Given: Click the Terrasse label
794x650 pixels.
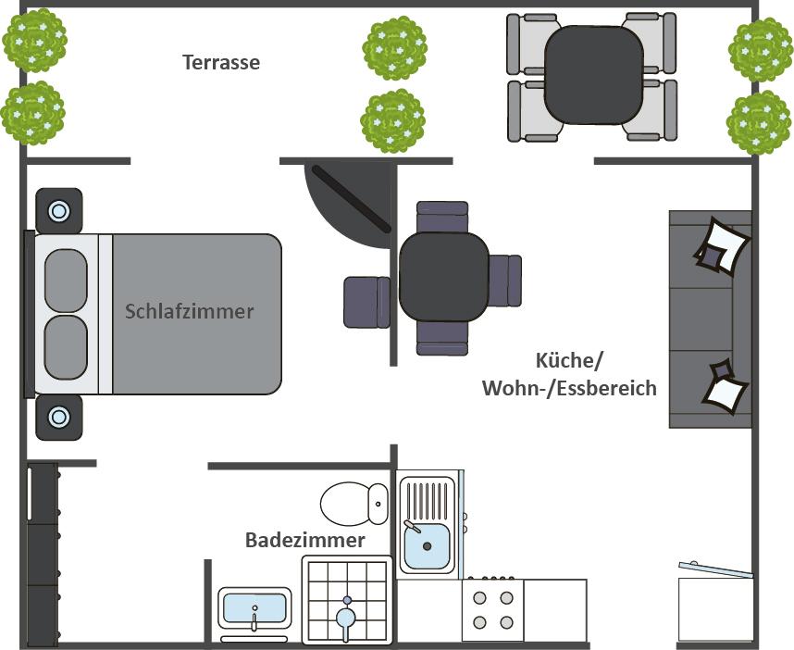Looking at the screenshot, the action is click(x=221, y=62).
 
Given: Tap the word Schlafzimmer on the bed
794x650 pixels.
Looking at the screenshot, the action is click(x=190, y=311).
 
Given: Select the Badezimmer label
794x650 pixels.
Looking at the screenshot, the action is click(x=304, y=540).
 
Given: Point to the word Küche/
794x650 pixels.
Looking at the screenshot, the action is click(x=570, y=361).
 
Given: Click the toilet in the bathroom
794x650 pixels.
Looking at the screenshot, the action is click(x=354, y=504).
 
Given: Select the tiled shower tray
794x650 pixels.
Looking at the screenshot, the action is click(x=347, y=600).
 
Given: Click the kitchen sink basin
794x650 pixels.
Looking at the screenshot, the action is click(x=427, y=545).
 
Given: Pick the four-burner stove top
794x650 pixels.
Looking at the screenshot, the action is click(x=492, y=609).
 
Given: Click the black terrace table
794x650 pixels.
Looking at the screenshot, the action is click(x=594, y=74).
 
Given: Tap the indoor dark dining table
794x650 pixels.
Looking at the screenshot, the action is click(x=443, y=277).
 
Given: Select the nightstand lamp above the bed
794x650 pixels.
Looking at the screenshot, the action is click(x=59, y=211).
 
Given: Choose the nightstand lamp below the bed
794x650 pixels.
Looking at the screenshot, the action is click(x=59, y=418).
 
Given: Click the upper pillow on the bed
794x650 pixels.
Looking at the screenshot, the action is click(x=66, y=281).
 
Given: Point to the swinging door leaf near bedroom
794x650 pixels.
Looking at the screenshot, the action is click(x=352, y=199).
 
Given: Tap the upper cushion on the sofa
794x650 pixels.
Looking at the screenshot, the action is click(x=722, y=246).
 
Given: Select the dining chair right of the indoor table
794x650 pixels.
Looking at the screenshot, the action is click(x=505, y=281).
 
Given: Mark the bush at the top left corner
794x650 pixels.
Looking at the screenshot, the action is click(x=35, y=40).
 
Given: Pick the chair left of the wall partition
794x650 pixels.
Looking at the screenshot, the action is click(x=366, y=302).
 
